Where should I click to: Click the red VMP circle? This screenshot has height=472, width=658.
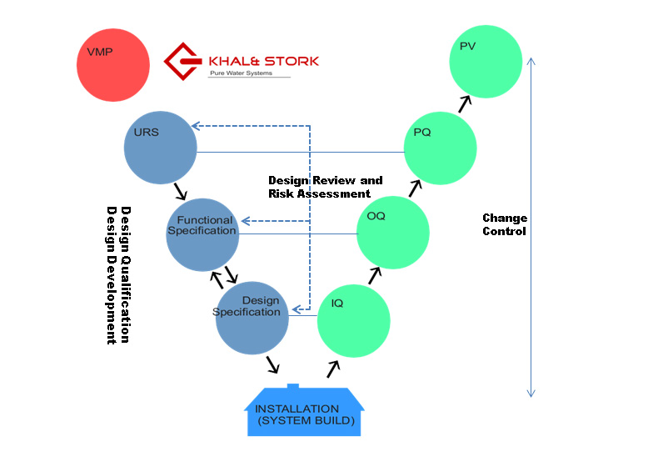113,65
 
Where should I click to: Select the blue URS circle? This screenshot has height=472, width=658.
160,148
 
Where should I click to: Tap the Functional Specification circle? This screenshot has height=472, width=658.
202,234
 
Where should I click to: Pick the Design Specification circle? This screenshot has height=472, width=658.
252,318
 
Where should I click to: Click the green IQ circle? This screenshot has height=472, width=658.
353,321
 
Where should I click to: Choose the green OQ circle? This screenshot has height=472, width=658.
393,233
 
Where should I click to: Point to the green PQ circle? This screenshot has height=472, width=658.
441,148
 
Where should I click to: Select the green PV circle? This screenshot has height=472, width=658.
486,62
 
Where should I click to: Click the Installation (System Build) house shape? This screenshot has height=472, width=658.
304,410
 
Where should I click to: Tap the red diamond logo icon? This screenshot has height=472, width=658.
182,62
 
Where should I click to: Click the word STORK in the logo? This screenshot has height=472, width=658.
292,62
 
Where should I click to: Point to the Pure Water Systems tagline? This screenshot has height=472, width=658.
241,73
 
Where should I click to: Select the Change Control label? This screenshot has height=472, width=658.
505,224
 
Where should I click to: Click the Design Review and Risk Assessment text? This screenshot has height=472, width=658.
325,187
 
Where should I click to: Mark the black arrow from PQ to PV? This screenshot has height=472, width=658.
465,104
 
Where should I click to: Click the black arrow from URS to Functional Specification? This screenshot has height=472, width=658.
181,191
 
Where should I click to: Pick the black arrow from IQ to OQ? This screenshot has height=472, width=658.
375,276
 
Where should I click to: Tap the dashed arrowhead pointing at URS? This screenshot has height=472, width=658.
196,126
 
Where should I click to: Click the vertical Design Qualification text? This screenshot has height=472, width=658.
126,274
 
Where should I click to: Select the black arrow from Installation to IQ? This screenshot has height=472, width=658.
333,369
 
